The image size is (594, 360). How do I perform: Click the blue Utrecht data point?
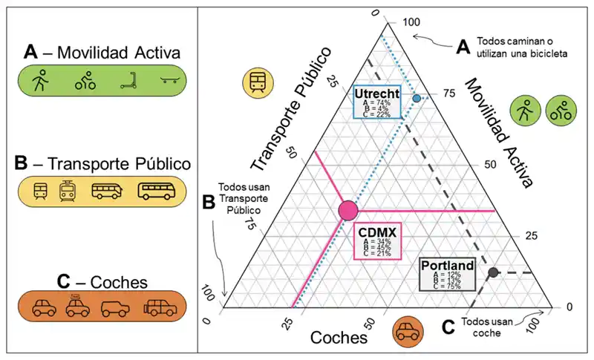(417, 99)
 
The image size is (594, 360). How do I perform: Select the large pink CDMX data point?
(347, 210)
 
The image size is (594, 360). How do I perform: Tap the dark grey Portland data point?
(492, 272)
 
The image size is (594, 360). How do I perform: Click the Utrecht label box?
(378, 102)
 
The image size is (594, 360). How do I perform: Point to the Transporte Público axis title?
(290, 108)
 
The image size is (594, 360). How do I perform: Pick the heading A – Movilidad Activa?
(102, 53)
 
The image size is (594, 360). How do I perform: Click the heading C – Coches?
(102, 281)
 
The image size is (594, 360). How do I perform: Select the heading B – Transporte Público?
(102, 163)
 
